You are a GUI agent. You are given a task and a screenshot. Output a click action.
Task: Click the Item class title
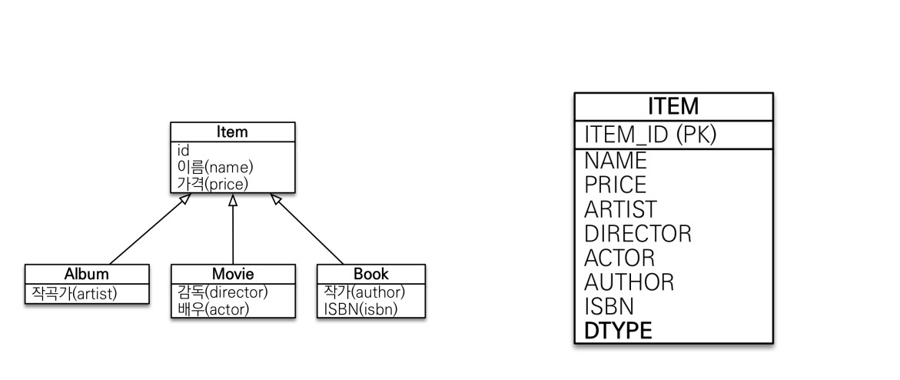(232, 132)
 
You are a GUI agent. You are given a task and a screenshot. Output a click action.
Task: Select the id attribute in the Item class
(184, 151)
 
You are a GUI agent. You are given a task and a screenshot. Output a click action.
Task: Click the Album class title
(86, 274)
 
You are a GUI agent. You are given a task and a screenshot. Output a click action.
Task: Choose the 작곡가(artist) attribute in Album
(74, 293)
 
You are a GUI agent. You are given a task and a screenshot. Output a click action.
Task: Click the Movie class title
(233, 274)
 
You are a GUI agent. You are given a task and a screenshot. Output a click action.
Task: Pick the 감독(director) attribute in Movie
(222, 293)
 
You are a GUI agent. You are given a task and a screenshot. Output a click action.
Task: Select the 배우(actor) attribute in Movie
(213, 308)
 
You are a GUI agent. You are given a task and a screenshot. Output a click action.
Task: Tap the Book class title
(371, 274)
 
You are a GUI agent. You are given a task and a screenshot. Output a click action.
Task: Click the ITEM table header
(673, 106)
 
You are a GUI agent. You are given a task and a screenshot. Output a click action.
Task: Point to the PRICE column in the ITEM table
(615, 185)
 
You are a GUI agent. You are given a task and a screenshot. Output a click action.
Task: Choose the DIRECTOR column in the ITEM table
(637, 233)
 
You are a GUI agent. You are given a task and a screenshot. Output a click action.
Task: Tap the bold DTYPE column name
(618, 331)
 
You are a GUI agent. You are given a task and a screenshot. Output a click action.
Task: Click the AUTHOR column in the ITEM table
(629, 282)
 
